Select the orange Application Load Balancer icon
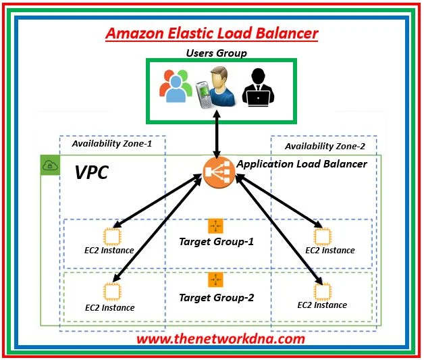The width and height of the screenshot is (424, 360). click(x=217, y=173)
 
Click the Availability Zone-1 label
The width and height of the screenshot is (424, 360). click(x=112, y=143)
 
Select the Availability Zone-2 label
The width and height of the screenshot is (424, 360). click(x=325, y=145)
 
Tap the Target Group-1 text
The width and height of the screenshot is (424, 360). click(x=215, y=241)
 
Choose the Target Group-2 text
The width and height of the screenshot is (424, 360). click(x=215, y=297)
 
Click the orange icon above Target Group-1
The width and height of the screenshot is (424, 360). click(x=216, y=226)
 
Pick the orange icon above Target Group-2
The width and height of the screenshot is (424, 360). click(x=216, y=279)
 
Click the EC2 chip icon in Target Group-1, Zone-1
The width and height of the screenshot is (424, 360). click(x=110, y=236)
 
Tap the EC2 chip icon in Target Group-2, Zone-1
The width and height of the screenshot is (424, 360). click(x=110, y=291)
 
